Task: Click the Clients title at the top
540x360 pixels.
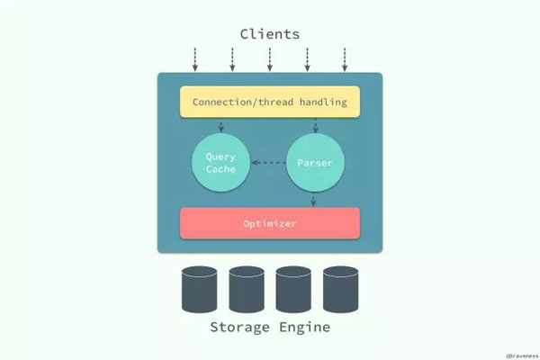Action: (270, 34)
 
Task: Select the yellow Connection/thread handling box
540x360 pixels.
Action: (270, 102)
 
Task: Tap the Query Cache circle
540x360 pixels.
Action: (220, 163)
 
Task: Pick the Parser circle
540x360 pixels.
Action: (315, 163)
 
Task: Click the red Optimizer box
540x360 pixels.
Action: (270, 223)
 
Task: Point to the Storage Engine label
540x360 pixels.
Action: (270, 327)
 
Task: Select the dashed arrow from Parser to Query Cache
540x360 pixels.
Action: (267, 163)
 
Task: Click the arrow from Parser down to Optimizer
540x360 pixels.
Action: (314, 200)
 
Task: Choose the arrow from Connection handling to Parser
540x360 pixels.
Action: (314, 125)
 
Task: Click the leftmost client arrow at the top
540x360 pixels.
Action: (195, 59)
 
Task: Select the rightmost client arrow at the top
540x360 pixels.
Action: (345, 59)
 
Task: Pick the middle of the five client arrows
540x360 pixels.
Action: (270, 59)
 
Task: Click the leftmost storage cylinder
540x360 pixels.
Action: (200, 287)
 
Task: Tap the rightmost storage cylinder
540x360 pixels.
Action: (341, 287)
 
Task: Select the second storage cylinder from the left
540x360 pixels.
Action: (247, 287)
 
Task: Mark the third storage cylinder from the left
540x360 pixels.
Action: (294, 287)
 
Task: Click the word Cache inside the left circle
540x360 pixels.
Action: (220, 170)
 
